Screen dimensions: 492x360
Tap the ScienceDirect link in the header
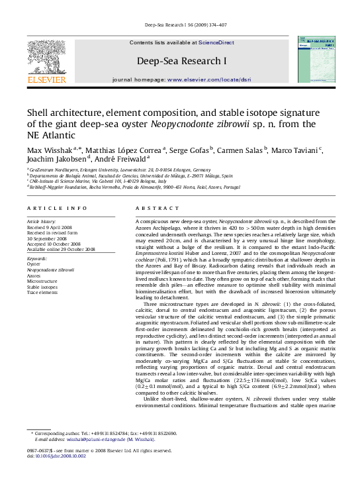tap(216, 42)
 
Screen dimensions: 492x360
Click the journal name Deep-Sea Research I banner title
tap(181, 61)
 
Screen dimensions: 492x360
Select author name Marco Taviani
tap(294, 150)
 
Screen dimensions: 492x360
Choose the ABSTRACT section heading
tap(152, 209)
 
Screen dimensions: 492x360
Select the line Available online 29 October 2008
tap(61, 250)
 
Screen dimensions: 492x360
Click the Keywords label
tap(37, 259)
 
